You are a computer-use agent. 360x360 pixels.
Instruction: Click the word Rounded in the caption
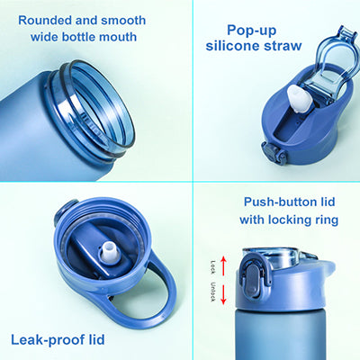click(x=43, y=19)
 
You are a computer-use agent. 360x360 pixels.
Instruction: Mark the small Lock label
click(x=213, y=266)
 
